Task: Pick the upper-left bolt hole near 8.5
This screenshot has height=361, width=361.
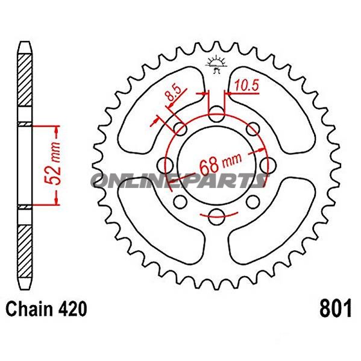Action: pyautogui.click(x=179, y=127)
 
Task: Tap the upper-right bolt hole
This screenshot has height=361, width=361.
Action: pyautogui.click(x=254, y=127)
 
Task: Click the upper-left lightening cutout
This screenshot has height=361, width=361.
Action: pyautogui.click(x=154, y=105)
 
